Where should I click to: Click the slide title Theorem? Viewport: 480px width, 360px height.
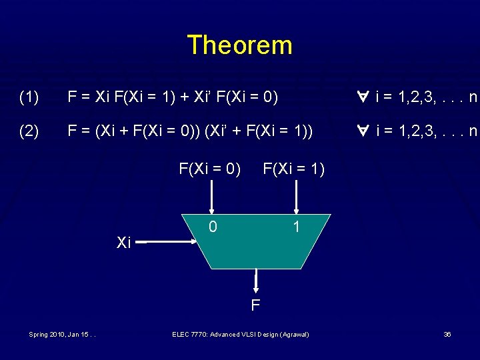239,45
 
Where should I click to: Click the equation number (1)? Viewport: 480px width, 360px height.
29,98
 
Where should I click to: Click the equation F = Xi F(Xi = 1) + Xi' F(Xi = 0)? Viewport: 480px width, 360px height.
173,98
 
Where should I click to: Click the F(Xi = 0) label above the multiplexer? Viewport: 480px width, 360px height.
209,169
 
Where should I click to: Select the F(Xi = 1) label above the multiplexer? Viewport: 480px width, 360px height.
293,169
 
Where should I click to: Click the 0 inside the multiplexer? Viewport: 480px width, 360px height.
212,227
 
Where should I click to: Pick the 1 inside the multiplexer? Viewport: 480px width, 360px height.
296,227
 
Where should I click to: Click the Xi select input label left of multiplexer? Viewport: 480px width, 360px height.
123,243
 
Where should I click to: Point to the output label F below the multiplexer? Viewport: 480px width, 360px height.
255,306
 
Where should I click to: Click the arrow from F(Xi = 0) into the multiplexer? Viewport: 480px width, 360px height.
212,197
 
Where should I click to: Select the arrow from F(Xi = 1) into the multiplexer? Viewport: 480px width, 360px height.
296,197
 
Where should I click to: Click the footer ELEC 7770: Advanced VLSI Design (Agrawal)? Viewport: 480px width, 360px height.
240,334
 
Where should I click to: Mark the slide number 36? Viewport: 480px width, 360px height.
447,334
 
